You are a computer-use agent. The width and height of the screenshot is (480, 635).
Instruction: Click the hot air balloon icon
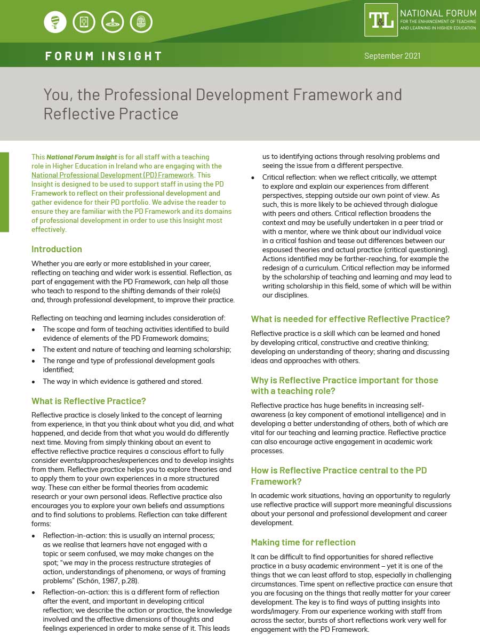tap(55, 22)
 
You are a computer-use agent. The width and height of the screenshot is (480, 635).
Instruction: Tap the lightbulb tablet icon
tap(84, 22)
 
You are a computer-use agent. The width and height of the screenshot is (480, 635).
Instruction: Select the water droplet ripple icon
tap(113, 22)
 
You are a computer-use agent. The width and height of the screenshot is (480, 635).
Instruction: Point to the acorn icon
tap(141, 22)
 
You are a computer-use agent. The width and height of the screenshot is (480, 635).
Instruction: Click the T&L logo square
tap(381, 20)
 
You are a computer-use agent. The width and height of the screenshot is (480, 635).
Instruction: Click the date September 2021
tap(392, 56)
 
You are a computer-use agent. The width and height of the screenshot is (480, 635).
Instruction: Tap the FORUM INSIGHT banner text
tap(103, 56)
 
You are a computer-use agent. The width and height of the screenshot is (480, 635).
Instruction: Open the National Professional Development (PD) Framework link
tap(113, 175)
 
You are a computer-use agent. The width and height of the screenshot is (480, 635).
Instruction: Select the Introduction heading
tap(57, 249)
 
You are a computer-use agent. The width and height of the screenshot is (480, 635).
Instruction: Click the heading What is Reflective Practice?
tap(89, 401)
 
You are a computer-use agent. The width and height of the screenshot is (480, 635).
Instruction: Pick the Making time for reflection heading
tap(303, 542)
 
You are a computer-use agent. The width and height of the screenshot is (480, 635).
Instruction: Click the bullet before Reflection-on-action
tap(34, 592)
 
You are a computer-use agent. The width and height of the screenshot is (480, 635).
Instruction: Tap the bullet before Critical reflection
tap(253, 178)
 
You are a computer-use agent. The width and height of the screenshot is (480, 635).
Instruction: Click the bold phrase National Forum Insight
tap(81, 157)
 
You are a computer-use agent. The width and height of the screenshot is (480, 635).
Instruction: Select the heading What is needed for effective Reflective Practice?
tap(350, 319)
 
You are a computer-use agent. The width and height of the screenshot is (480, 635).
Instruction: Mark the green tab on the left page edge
tap(4, 192)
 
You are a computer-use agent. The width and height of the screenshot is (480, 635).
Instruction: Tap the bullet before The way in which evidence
tap(34, 382)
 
